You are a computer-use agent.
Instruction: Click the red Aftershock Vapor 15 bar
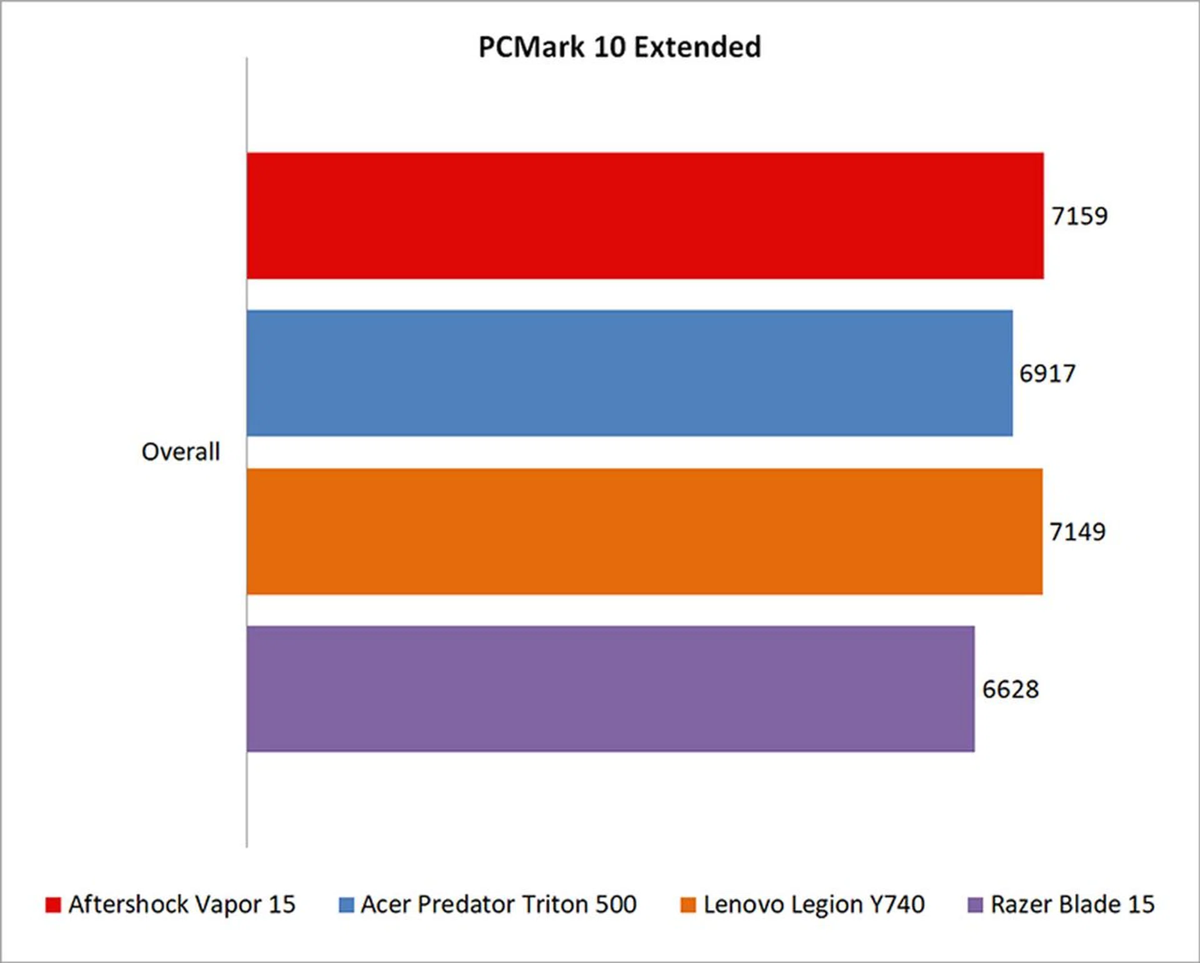[x=644, y=216]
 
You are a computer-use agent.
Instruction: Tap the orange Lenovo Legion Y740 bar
[x=644, y=531]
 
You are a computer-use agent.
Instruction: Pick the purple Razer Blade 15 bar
[x=610, y=689]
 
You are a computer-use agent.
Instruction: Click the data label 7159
[x=1079, y=216]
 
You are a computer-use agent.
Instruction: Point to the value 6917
[x=1047, y=374]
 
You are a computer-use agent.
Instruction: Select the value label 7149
[x=1077, y=532]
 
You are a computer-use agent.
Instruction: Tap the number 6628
[x=1011, y=689]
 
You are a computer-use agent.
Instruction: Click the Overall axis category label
[x=181, y=452]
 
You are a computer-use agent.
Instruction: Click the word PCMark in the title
[x=531, y=47]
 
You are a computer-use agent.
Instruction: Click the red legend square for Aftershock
[x=53, y=905]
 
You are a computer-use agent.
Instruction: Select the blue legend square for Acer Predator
[x=346, y=905]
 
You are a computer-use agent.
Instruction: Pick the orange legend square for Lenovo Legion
[x=688, y=905]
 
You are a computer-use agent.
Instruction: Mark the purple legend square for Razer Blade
[x=975, y=905]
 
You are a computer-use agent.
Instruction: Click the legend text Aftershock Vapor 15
[x=182, y=905]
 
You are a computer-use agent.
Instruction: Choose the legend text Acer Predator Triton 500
[x=499, y=905]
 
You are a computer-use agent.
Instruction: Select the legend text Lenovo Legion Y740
[x=814, y=905]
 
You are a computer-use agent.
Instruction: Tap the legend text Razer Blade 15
[x=1072, y=905]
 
